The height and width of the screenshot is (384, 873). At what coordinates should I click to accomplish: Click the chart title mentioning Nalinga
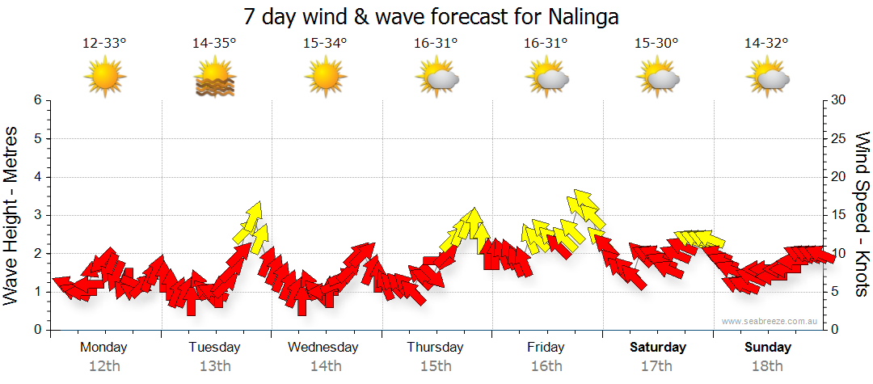pos(436,16)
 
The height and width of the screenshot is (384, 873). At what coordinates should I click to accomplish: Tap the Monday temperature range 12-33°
pos(104,44)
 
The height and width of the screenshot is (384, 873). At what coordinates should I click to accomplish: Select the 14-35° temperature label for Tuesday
pos(214,44)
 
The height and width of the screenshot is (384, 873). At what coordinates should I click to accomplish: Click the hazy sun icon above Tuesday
pos(214,78)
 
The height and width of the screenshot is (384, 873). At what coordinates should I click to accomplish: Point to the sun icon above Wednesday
pos(325,78)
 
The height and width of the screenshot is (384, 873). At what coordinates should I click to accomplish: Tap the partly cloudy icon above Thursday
pos(436,78)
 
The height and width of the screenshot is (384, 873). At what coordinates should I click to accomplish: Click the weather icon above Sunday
pos(767,78)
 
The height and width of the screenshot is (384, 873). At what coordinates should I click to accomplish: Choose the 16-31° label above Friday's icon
pos(546,44)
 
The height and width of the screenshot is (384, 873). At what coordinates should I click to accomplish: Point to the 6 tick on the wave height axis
pos(36,100)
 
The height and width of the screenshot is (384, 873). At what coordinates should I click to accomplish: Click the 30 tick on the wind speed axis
pos(838,100)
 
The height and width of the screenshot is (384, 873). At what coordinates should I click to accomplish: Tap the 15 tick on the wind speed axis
pos(838,215)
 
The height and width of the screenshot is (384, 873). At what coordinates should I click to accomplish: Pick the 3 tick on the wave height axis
pos(36,215)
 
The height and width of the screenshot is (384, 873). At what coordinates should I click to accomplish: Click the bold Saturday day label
pos(657,348)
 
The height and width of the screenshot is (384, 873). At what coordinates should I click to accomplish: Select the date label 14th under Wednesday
pos(325,366)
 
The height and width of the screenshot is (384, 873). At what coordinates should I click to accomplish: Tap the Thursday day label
pos(435,348)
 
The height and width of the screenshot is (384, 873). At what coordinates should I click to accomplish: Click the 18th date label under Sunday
pos(767,366)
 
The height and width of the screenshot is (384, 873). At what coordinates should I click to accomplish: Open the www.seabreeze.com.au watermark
pos(770,321)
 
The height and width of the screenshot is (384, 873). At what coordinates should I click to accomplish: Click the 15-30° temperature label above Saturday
pos(656,44)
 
